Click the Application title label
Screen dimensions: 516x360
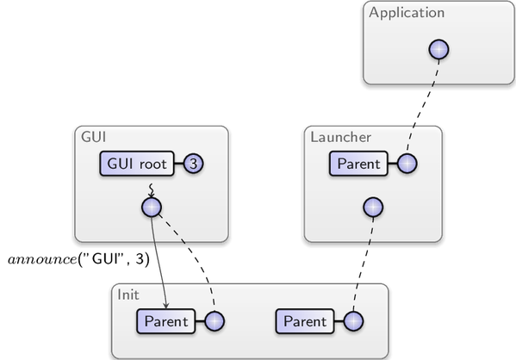[407, 13]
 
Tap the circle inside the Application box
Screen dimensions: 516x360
[439, 50]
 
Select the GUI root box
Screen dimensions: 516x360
[137, 164]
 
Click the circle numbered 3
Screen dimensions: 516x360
[194, 164]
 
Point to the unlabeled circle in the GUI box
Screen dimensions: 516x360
[152, 208]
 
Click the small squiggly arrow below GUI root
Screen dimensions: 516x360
[151, 190]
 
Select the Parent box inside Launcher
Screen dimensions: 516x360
[358, 164]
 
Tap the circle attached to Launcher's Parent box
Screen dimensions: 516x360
[407, 164]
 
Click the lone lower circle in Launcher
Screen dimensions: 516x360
[374, 208]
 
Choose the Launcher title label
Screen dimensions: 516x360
[341, 138]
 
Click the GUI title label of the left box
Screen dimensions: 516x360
[93, 137]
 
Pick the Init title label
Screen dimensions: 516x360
[128, 295]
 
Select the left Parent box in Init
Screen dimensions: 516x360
[166, 321]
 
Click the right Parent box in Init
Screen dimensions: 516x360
[305, 321]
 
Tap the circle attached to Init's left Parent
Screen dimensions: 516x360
[214, 321]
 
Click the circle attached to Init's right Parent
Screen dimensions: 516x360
[353, 321]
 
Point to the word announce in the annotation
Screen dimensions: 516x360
[42, 260]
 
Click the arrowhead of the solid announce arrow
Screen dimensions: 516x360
[166, 306]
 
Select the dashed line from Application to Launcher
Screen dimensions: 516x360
[422, 106]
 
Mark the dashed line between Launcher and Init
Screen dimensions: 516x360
[364, 264]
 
